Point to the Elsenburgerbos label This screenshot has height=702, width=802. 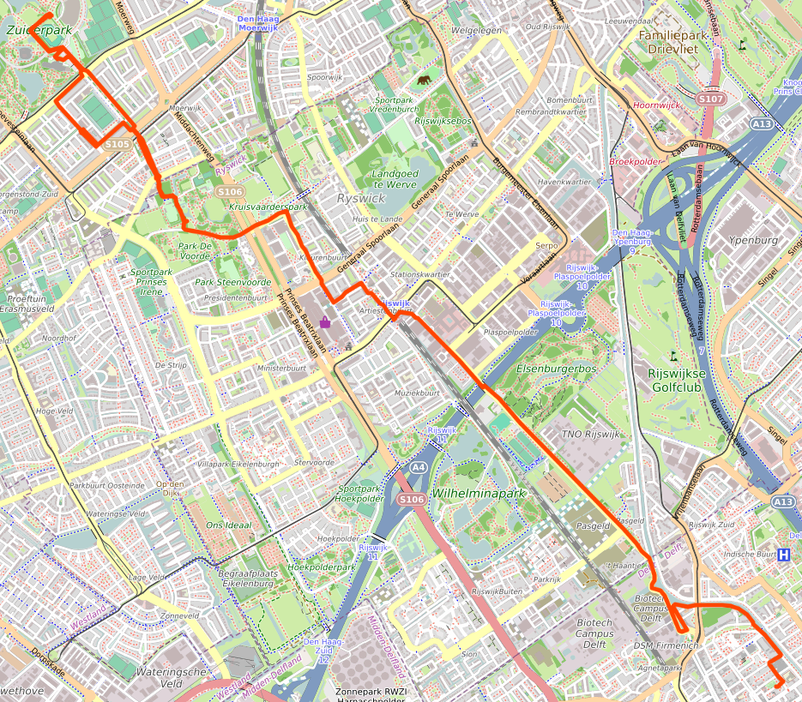(x=557, y=369)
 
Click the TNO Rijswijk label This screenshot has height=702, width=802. (x=589, y=435)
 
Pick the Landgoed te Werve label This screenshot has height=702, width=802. (x=395, y=178)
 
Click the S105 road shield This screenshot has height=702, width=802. (x=118, y=144)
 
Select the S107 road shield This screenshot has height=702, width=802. (x=710, y=99)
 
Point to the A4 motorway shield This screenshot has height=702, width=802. (x=418, y=468)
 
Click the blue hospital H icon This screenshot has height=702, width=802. (x=783, y=555)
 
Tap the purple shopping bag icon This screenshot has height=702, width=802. (x=325, y=322)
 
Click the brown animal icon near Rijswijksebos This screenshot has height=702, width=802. (x=425, y=81)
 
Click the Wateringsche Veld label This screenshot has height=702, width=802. (x=172, y=677)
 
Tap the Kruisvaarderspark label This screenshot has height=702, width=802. (x=268, y=207)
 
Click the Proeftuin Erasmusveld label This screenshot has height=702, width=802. (x=27, y=303)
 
